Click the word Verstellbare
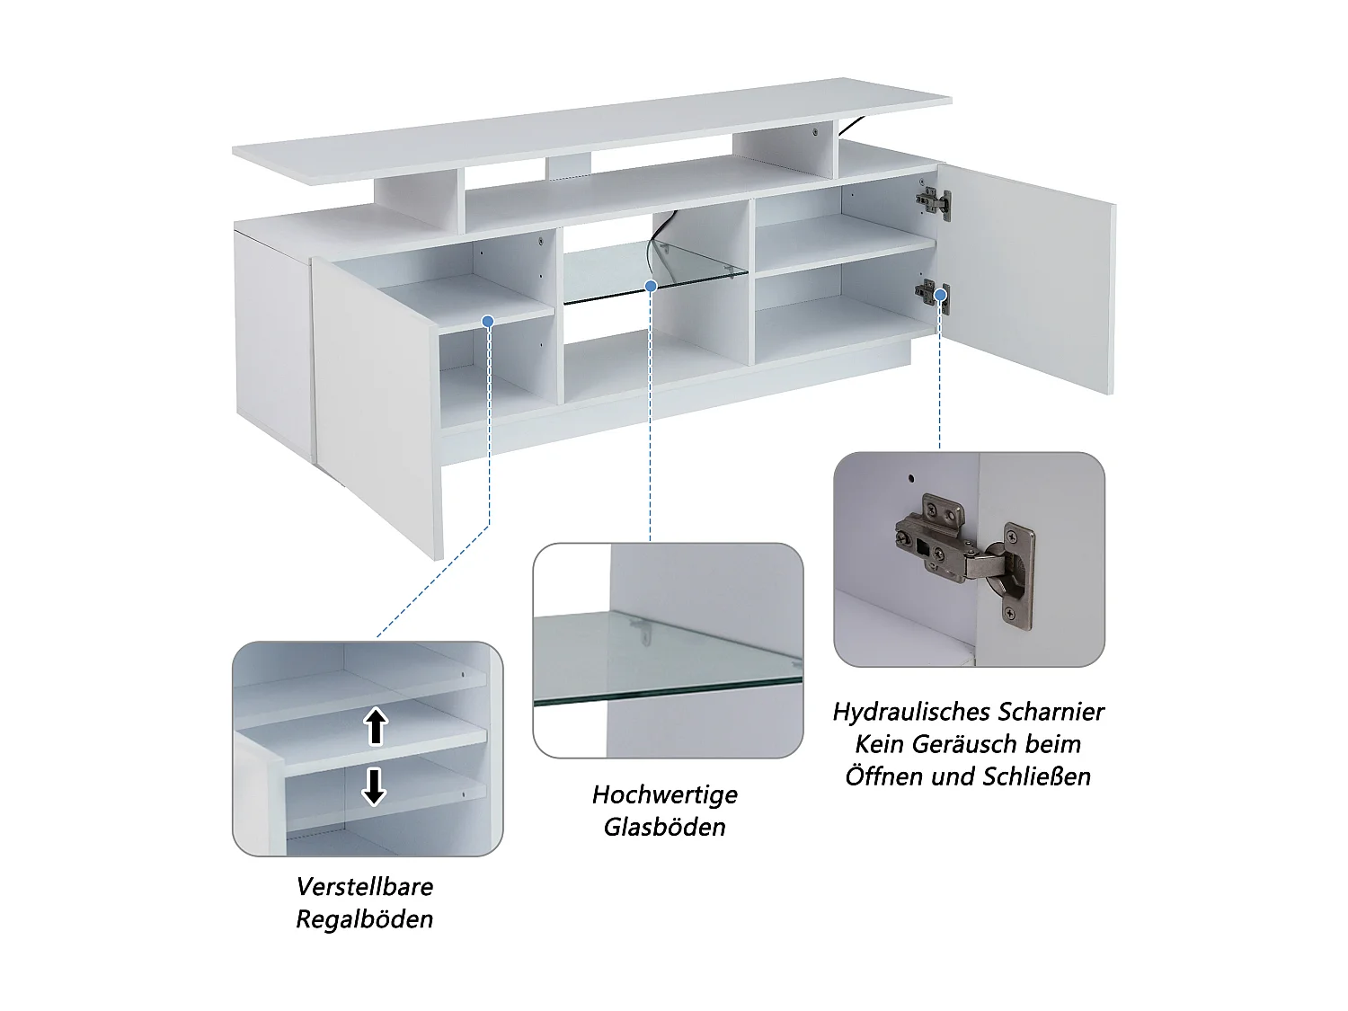[365, 887]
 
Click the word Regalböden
[365, 919]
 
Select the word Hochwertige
[665, 794]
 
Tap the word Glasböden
[665, 827]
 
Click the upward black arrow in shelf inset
[376, 726]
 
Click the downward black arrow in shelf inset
[374, 786]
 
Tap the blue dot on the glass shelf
[651, 286]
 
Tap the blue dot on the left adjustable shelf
[488, 321]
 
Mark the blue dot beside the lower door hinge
[941, 294]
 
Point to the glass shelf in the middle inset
[665, 661]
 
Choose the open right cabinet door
[1029, 279]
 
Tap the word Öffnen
[885, 776]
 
